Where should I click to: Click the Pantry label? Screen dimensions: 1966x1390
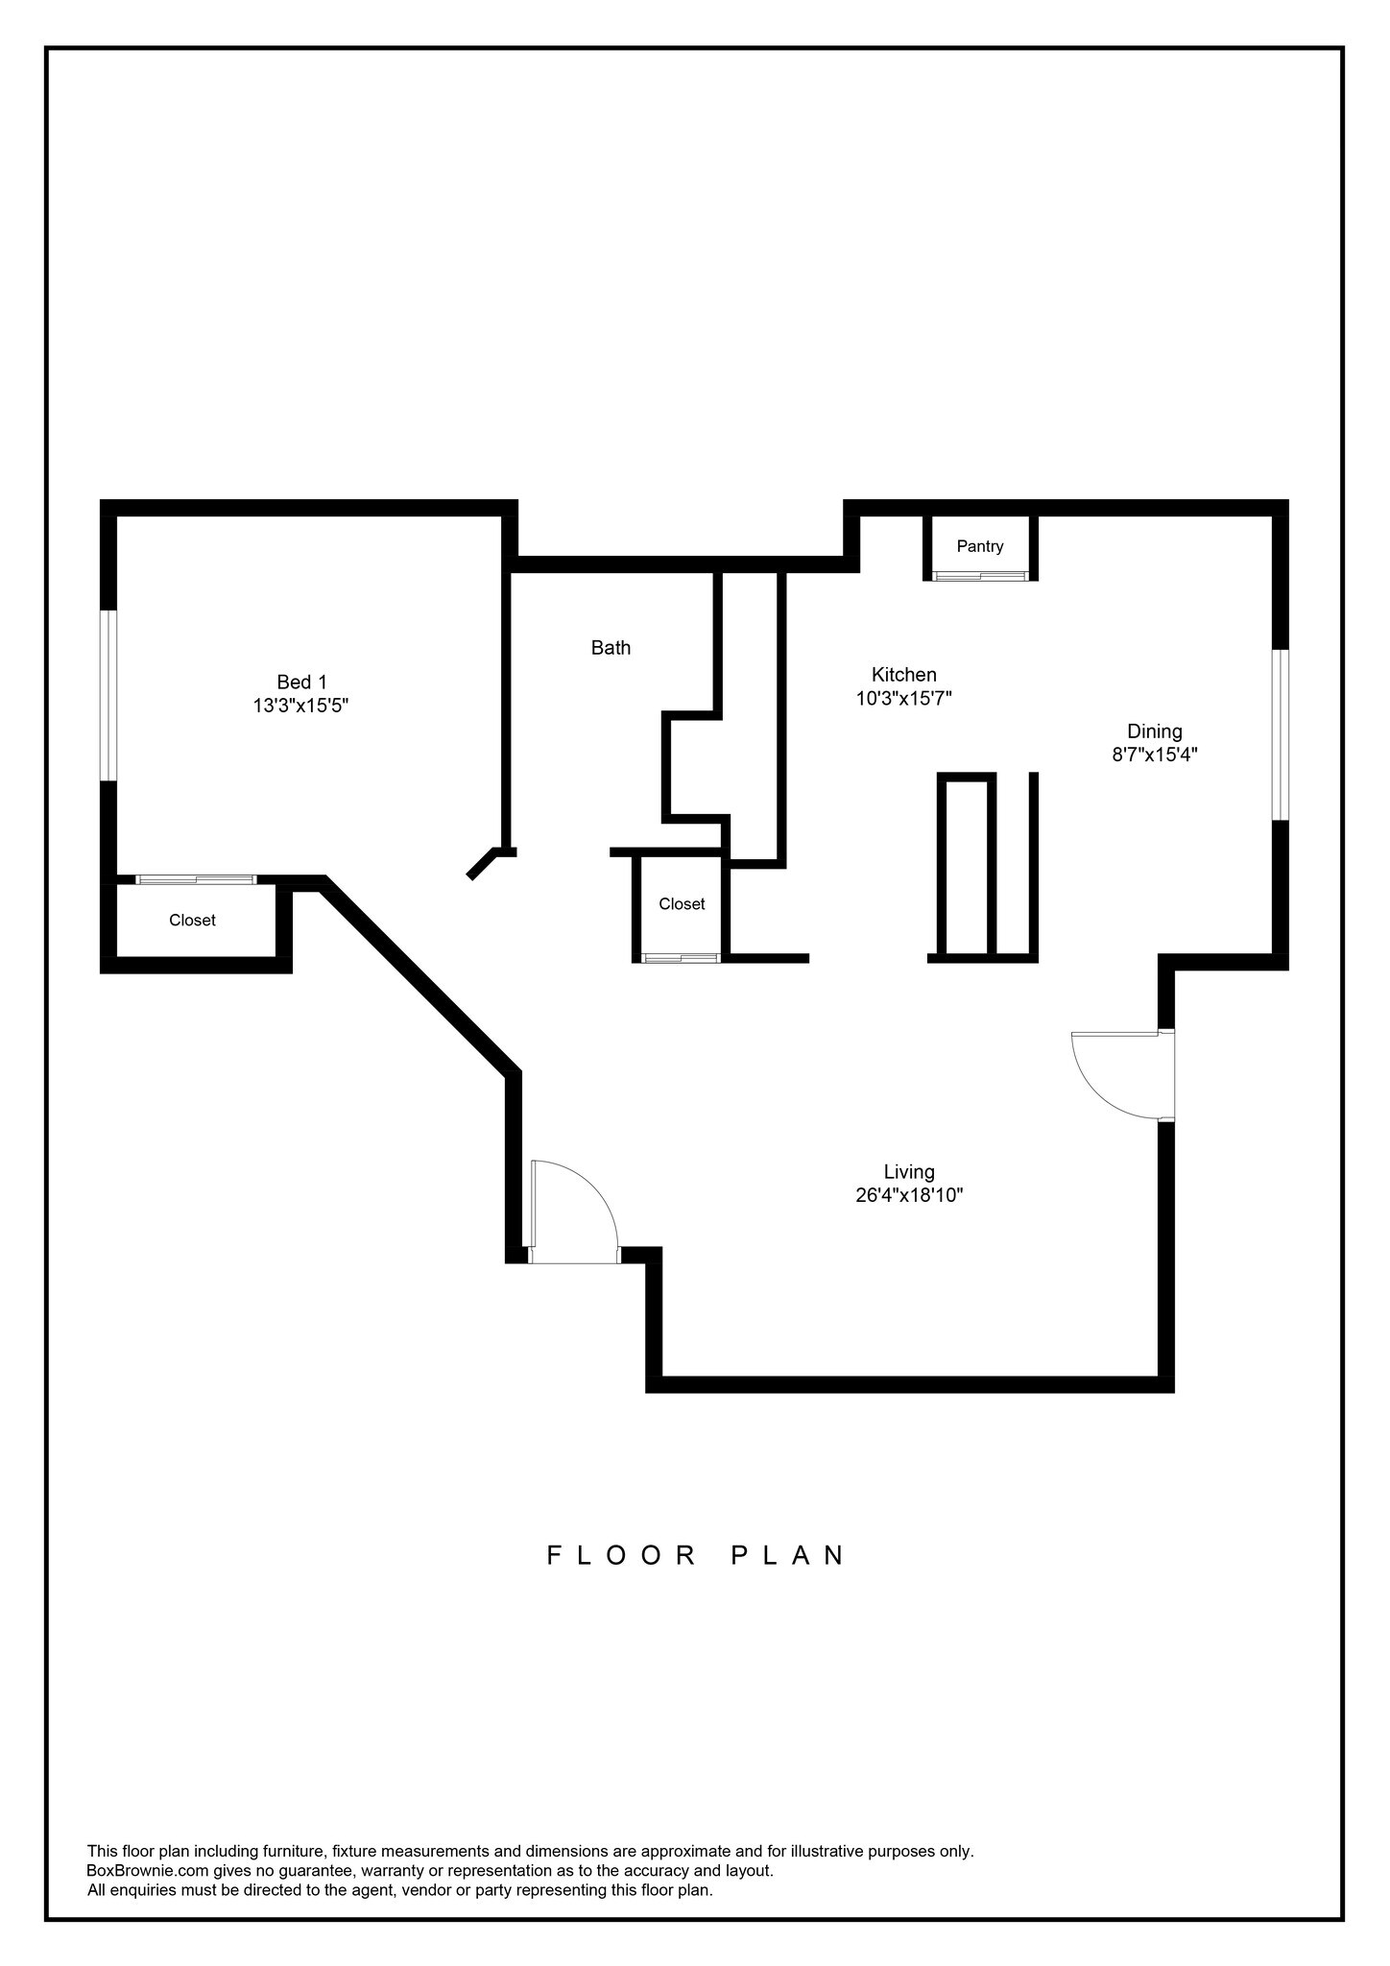pyautogui.click(x=980, y=546)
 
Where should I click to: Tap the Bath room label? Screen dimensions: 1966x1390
pyautogui.click(x=611, y=648)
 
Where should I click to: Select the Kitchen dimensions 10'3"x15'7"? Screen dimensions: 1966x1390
pyautogui.click(x=903, y=699)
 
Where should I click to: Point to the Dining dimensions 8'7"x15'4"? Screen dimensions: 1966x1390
pyautogui.click(x=1154, y=755)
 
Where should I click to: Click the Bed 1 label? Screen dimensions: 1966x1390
pyautogui.click(x=301, y=683)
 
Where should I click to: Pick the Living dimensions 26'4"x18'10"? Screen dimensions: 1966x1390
pyautogui.click(x=908, y=1196)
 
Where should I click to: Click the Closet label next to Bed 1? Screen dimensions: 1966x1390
pyautogui.click(x=192, y=921)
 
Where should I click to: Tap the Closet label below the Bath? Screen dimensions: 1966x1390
pyautogui.click(x=682, y=904)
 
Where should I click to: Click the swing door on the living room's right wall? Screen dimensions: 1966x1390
pyautogui.click(x=1118, y=1075)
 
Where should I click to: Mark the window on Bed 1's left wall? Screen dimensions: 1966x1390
pyautogui.click(x=109, y=695)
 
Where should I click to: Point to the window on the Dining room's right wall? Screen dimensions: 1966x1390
pyautogui.click(x=1281, y=734)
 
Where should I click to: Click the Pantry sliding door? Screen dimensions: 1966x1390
pyautogui.click(x=980, y=576)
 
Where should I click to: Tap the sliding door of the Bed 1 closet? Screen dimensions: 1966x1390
pyautogui.click(x=196, y=879)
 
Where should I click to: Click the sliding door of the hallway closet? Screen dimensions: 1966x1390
pyautogui.click(x=681, y=957)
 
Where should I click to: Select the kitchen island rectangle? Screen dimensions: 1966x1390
pyautogui.click(x=966, y=866)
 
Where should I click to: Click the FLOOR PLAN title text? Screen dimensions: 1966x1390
pyautogui.click(x=695, y=1555)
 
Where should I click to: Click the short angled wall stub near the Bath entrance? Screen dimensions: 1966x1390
pyautogui.click(x=482, y=863)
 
